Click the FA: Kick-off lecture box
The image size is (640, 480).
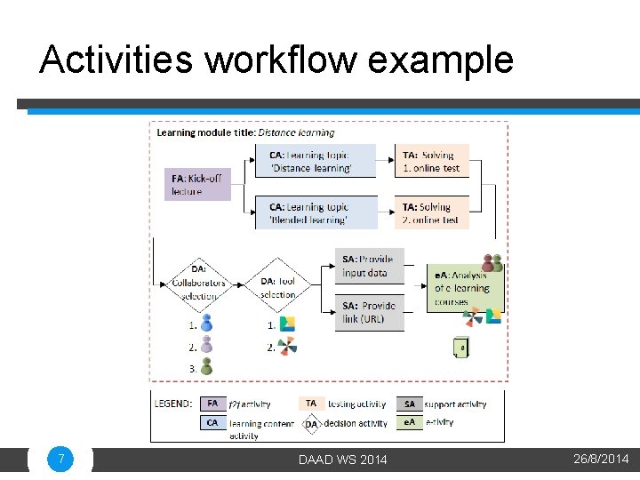tap(197, 184)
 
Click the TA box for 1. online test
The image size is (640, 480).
tap(431, 161)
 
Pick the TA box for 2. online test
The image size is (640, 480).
tap(431, 213)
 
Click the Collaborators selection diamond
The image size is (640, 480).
tap(198, 283)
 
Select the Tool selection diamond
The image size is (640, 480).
tap(278, 283)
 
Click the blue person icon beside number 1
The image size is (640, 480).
tap(206, 324)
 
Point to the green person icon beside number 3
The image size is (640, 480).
tap(206, 365)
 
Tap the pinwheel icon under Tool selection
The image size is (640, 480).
tap(287, 347)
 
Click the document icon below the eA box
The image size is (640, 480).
tap(460, 348)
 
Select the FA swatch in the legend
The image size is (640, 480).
tap(212, 404)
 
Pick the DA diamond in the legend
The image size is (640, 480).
tap(311, 424)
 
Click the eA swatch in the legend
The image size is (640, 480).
tap(410, 423)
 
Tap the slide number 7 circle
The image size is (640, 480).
tap(60, 460)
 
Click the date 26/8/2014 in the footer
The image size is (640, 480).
tap(601, 460)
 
